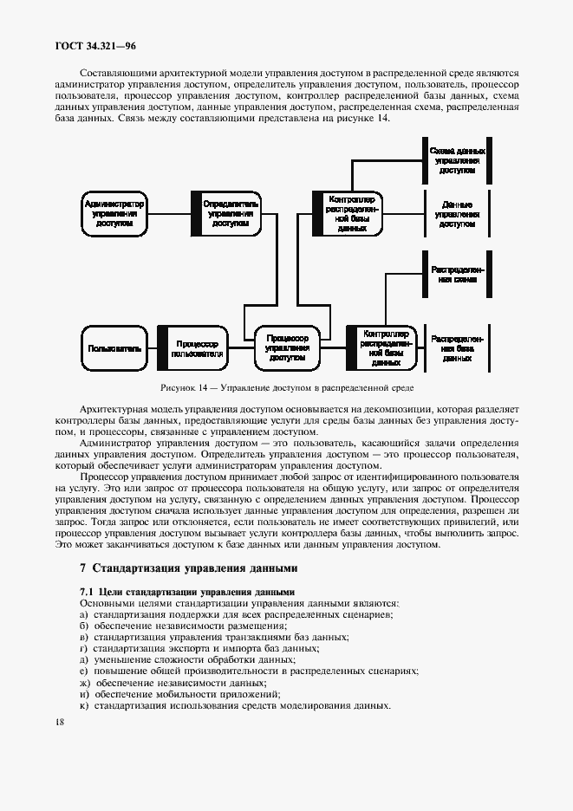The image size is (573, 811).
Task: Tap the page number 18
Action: click(58, 722)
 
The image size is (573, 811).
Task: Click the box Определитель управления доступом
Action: click(228, 213)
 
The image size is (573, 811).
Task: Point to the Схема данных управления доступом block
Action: click(457, 161)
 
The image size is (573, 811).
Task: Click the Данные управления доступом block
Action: click(457, 213)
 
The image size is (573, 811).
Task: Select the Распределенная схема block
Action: click(457, 276)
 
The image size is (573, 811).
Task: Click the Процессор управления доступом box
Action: click(287, 348)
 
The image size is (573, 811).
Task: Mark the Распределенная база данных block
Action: click(457, 348)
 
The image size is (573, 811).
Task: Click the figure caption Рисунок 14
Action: click(286, 387)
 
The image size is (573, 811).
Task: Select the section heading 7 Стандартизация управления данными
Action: click(188, 568)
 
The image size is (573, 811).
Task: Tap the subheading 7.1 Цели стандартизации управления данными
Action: click(187, 592)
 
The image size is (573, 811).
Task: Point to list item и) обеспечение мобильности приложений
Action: click(179, 693)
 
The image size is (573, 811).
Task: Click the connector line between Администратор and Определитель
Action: click(168, 213)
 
